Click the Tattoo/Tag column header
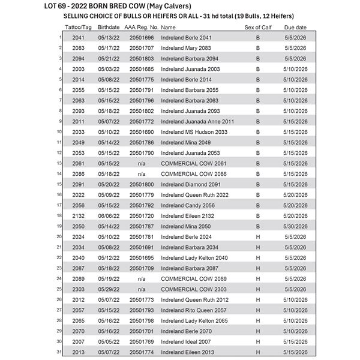(78, 28)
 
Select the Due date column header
(296, 28)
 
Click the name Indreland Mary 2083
(186, 48)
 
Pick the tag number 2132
(78, 215)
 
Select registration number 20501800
(142, 184)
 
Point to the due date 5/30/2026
(296, 226)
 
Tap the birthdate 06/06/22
(109, 215)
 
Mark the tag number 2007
(78, 341)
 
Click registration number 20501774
(142, 352)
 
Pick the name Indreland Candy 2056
(187, 205)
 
